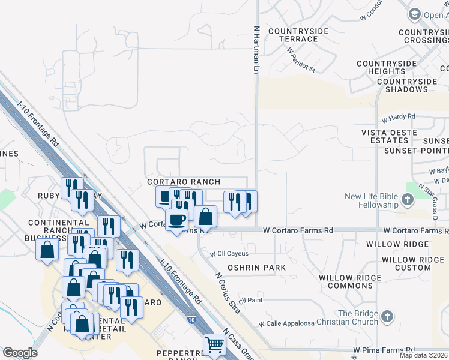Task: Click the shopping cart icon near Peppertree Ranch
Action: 214,345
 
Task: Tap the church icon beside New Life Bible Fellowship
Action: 408,200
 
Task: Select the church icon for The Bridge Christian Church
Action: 387,316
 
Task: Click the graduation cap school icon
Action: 414,14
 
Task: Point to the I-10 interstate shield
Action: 190,320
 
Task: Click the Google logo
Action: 20,353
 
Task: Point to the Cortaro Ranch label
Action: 184,182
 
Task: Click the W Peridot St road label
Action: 301,60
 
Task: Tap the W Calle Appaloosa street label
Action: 286,323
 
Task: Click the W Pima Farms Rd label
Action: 384,349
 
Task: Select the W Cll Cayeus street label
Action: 229,254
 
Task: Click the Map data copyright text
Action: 424,355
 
